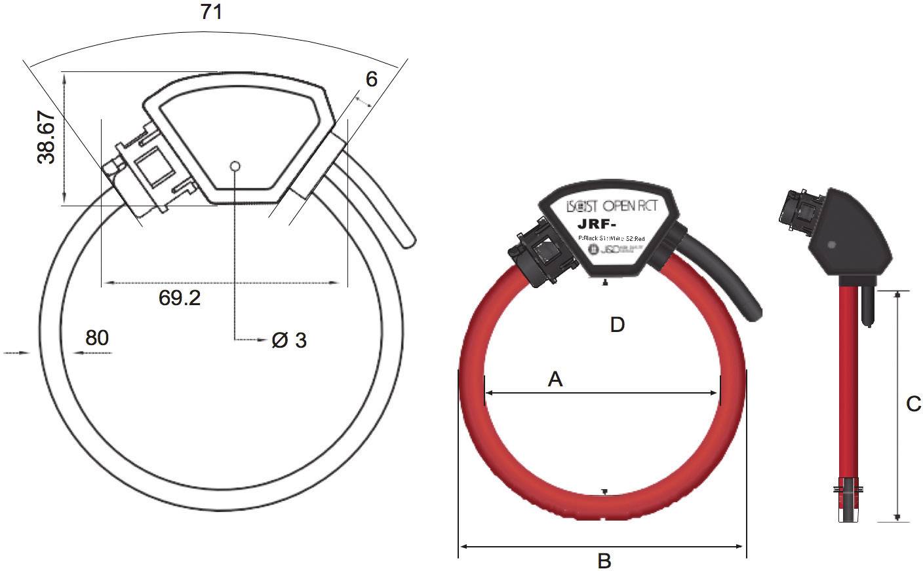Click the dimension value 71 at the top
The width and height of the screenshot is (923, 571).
211,12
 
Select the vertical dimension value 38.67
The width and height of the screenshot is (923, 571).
46,137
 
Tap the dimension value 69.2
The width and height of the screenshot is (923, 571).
180,298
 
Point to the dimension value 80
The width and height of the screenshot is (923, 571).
97,338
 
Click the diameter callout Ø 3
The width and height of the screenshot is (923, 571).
289,341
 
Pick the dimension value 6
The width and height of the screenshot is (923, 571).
372,79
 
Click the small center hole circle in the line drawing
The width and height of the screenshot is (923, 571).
235,166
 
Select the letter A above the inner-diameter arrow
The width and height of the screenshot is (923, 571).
555,378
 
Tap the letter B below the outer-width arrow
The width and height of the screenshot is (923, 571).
604,561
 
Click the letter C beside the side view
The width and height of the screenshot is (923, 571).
913,405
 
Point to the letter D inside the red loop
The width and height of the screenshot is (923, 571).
618,324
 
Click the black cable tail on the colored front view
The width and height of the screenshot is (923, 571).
724,278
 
